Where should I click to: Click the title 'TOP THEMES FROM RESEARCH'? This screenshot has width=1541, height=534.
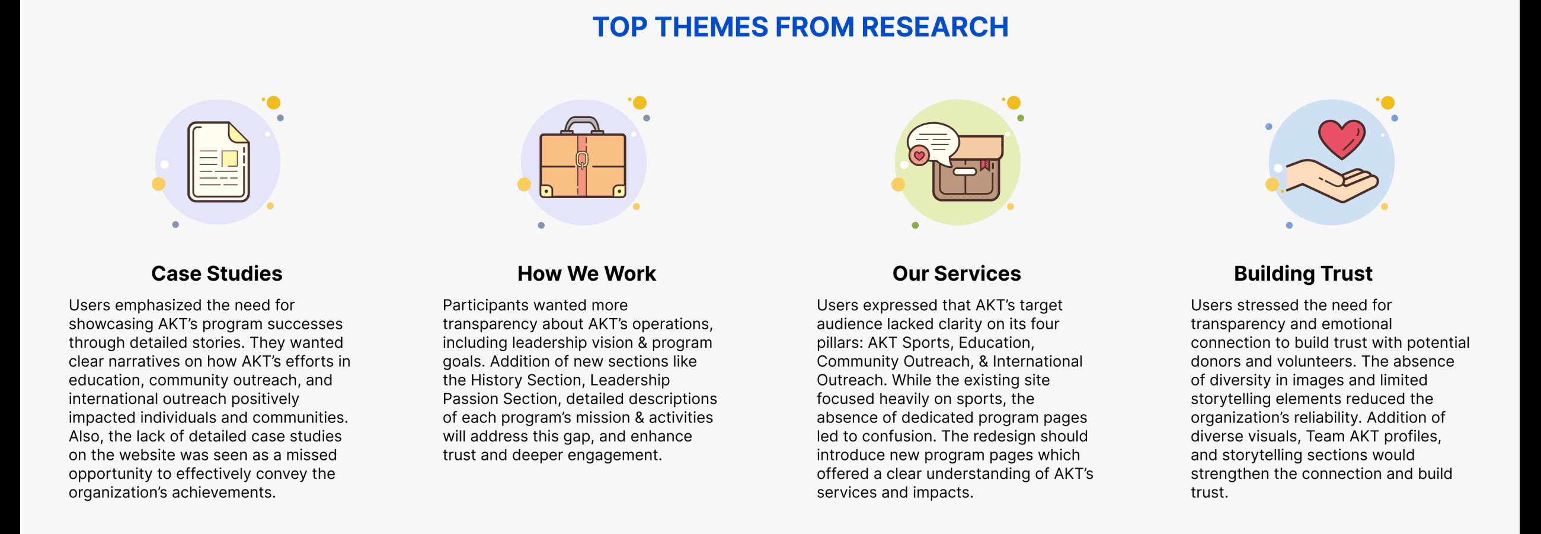point(800,27)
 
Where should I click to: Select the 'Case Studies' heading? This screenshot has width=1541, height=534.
point(216,274)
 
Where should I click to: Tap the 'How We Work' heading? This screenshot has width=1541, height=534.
point(586,274)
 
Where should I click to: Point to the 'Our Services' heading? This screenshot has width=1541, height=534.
point(957,274)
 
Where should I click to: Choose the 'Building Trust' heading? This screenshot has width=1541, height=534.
point(1303,274)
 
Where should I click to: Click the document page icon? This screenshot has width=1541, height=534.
point(218,161)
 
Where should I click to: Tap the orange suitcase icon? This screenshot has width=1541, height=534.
point(583,158)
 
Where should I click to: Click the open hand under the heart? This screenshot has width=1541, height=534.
point(1332,182)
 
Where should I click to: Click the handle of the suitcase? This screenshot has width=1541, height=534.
point(582,124)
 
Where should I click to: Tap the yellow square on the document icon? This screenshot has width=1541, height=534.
point(230,158)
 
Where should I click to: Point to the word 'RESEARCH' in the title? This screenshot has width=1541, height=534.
point(935,27)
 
